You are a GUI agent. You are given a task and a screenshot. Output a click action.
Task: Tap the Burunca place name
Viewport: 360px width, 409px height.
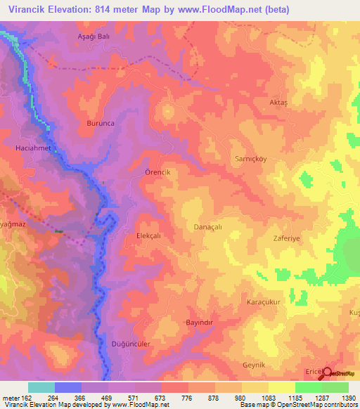(100, 123)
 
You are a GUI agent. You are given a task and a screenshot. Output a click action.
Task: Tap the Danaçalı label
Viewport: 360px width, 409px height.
(207, 227)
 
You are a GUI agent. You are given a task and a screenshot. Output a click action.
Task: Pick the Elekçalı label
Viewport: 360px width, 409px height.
(149, 237)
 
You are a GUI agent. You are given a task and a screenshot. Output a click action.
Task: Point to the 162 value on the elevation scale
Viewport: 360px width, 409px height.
(24, 398)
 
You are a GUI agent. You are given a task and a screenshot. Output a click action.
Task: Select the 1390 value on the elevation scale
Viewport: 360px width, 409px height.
(348, 398)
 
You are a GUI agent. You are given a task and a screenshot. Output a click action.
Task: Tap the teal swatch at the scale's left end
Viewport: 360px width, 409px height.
(41, 387)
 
